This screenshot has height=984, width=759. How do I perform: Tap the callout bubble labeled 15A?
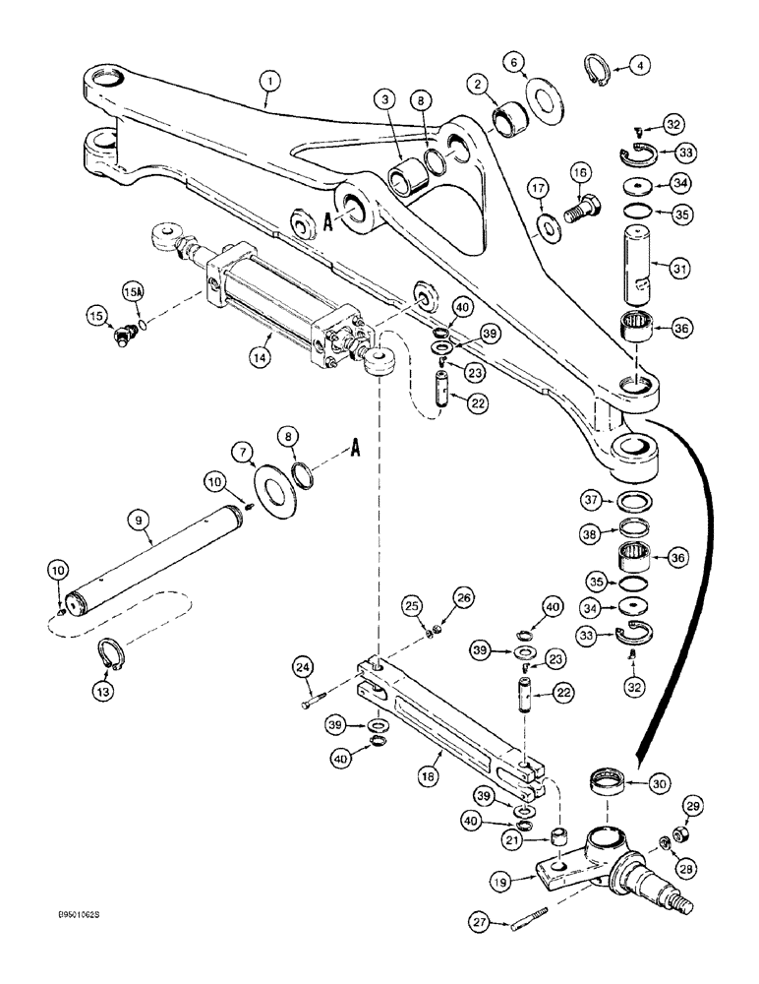132,292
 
